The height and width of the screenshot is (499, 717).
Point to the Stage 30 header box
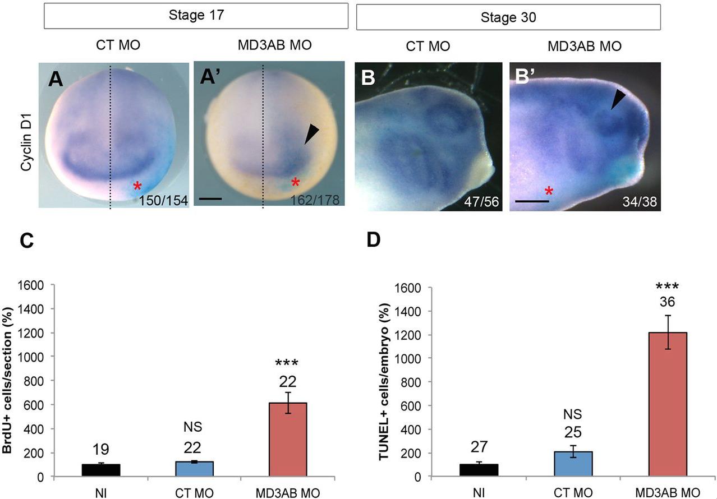[508, 17]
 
